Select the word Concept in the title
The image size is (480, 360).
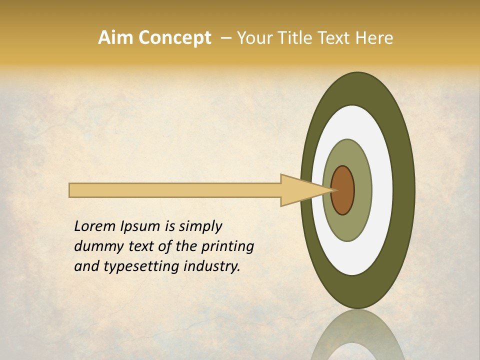[x=175, y=38]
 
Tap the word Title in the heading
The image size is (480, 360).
[x=292, y=38]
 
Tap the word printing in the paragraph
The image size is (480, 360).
[x=227, y=247]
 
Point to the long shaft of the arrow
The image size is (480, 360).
[x=175, y=190]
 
